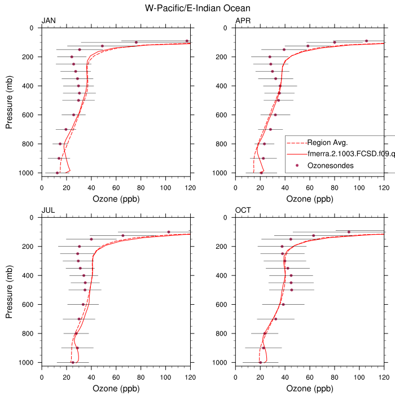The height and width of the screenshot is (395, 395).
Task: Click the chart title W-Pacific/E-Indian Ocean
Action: [197, 8]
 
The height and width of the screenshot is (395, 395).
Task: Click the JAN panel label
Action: [49, 21]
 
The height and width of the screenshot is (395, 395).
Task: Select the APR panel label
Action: [243, 21]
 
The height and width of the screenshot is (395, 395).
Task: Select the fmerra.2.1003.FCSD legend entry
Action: [350, 153]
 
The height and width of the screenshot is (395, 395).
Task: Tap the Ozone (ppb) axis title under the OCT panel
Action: [309, 389]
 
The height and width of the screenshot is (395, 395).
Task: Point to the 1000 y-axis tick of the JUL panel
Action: [27, 362]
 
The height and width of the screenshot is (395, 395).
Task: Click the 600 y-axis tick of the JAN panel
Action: [29, 115]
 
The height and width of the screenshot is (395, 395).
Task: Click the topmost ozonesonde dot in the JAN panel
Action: [187, 41]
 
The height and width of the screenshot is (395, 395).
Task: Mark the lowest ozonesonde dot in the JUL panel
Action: [72, 362]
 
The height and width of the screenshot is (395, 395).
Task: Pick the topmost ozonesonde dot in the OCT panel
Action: [349, 232]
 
